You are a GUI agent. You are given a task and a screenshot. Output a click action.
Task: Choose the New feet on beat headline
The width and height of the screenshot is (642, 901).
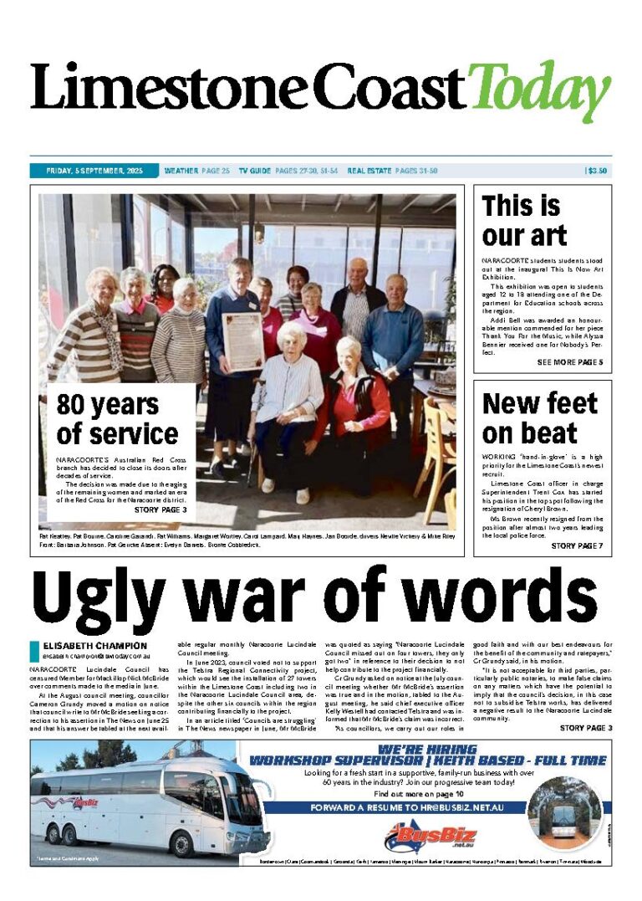(x=539, y=417)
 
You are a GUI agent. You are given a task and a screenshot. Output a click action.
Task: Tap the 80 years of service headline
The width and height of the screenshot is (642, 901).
(x=117, y=419)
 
